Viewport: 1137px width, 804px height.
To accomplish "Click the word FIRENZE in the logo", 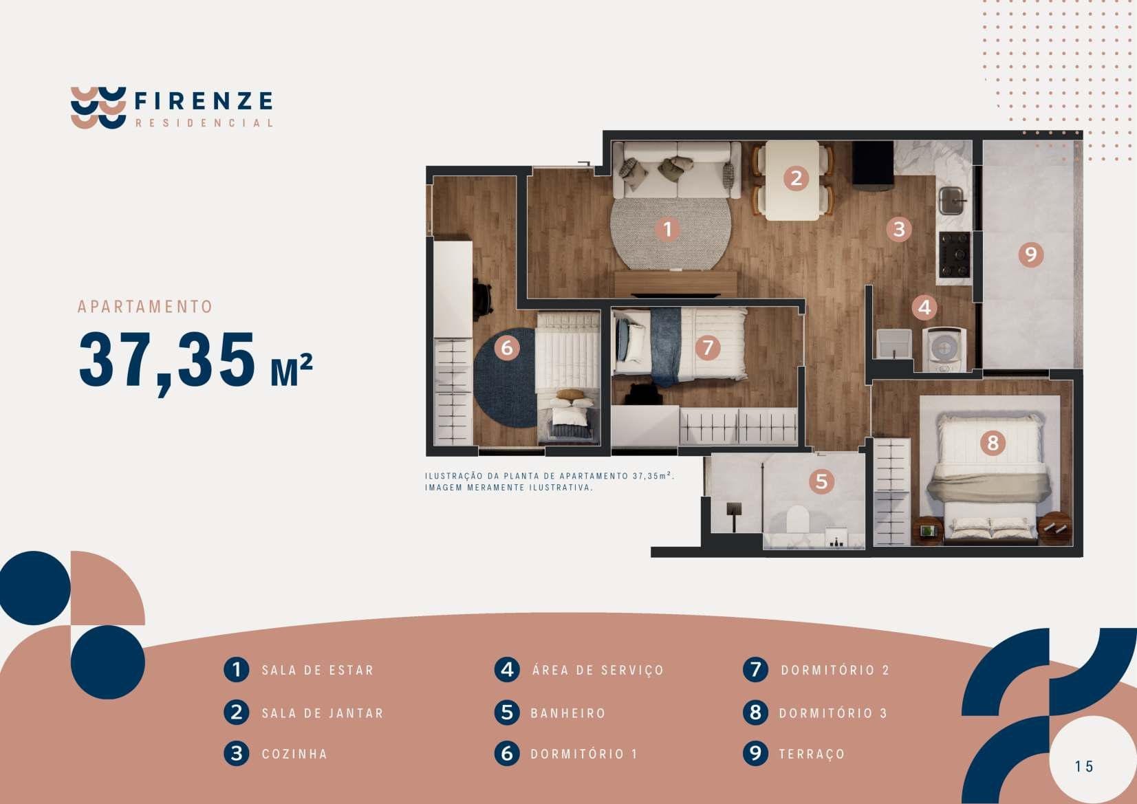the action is coord(204,100).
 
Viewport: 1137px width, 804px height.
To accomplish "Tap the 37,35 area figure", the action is coord(166,361).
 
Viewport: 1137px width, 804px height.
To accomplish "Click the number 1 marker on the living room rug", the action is coord(667,230).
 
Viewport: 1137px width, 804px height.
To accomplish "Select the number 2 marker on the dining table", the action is coord(795,178).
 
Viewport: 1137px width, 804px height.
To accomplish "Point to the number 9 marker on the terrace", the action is coord(1031,254).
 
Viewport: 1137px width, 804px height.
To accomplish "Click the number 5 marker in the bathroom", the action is coord(822,481).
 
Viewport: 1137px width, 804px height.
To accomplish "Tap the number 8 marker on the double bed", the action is coord(993,443).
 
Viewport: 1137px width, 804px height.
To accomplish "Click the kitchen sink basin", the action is coord(951,201).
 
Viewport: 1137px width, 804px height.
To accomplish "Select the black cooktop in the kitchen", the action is coord(954,254).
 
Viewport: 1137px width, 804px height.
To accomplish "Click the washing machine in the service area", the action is coord(944,349).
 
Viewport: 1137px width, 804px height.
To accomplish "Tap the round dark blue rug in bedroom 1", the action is coord(505,377).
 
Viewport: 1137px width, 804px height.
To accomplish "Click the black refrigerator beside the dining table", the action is coord(873,166).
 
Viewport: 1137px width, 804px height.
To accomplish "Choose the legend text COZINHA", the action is coord(294,754).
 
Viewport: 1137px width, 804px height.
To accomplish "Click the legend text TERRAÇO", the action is coord(812,754).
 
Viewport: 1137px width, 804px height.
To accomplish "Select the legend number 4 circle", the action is coord(507,669).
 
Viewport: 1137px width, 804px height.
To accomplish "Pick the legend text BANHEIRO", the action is coord(568,713).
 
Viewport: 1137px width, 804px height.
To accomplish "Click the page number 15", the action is coord(1084,766).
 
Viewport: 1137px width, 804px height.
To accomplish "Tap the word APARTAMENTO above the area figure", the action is coord(145,307).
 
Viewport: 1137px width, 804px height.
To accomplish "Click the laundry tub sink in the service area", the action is coord(894,344).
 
